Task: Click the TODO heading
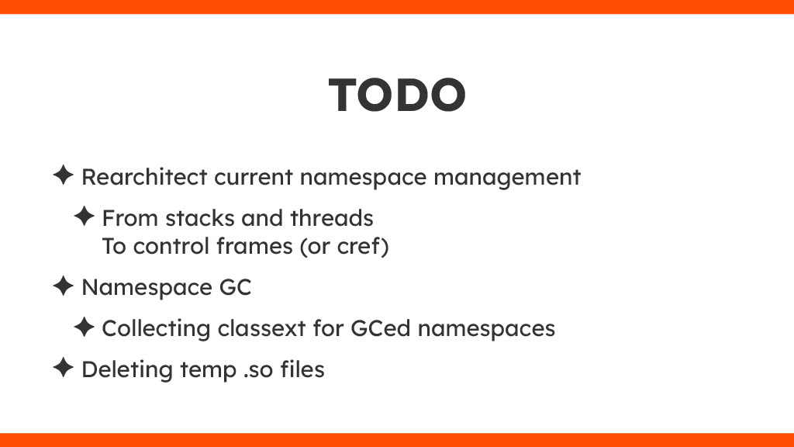(397, 95)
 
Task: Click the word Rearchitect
(144, 177)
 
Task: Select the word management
(507, 178)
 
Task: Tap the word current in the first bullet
(254, 178)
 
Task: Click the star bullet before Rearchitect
(64, 175)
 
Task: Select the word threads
(332, 218)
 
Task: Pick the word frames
(254, 246)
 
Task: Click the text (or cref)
(344, 247)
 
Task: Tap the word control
(171, 246)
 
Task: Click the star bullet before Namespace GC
(64, 286)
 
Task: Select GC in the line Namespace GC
(236, 287)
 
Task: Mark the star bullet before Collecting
(84, 327)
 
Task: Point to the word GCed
(380, 328)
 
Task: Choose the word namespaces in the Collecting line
(486, 329)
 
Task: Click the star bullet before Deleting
(64, 367)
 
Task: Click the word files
(302, 369)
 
